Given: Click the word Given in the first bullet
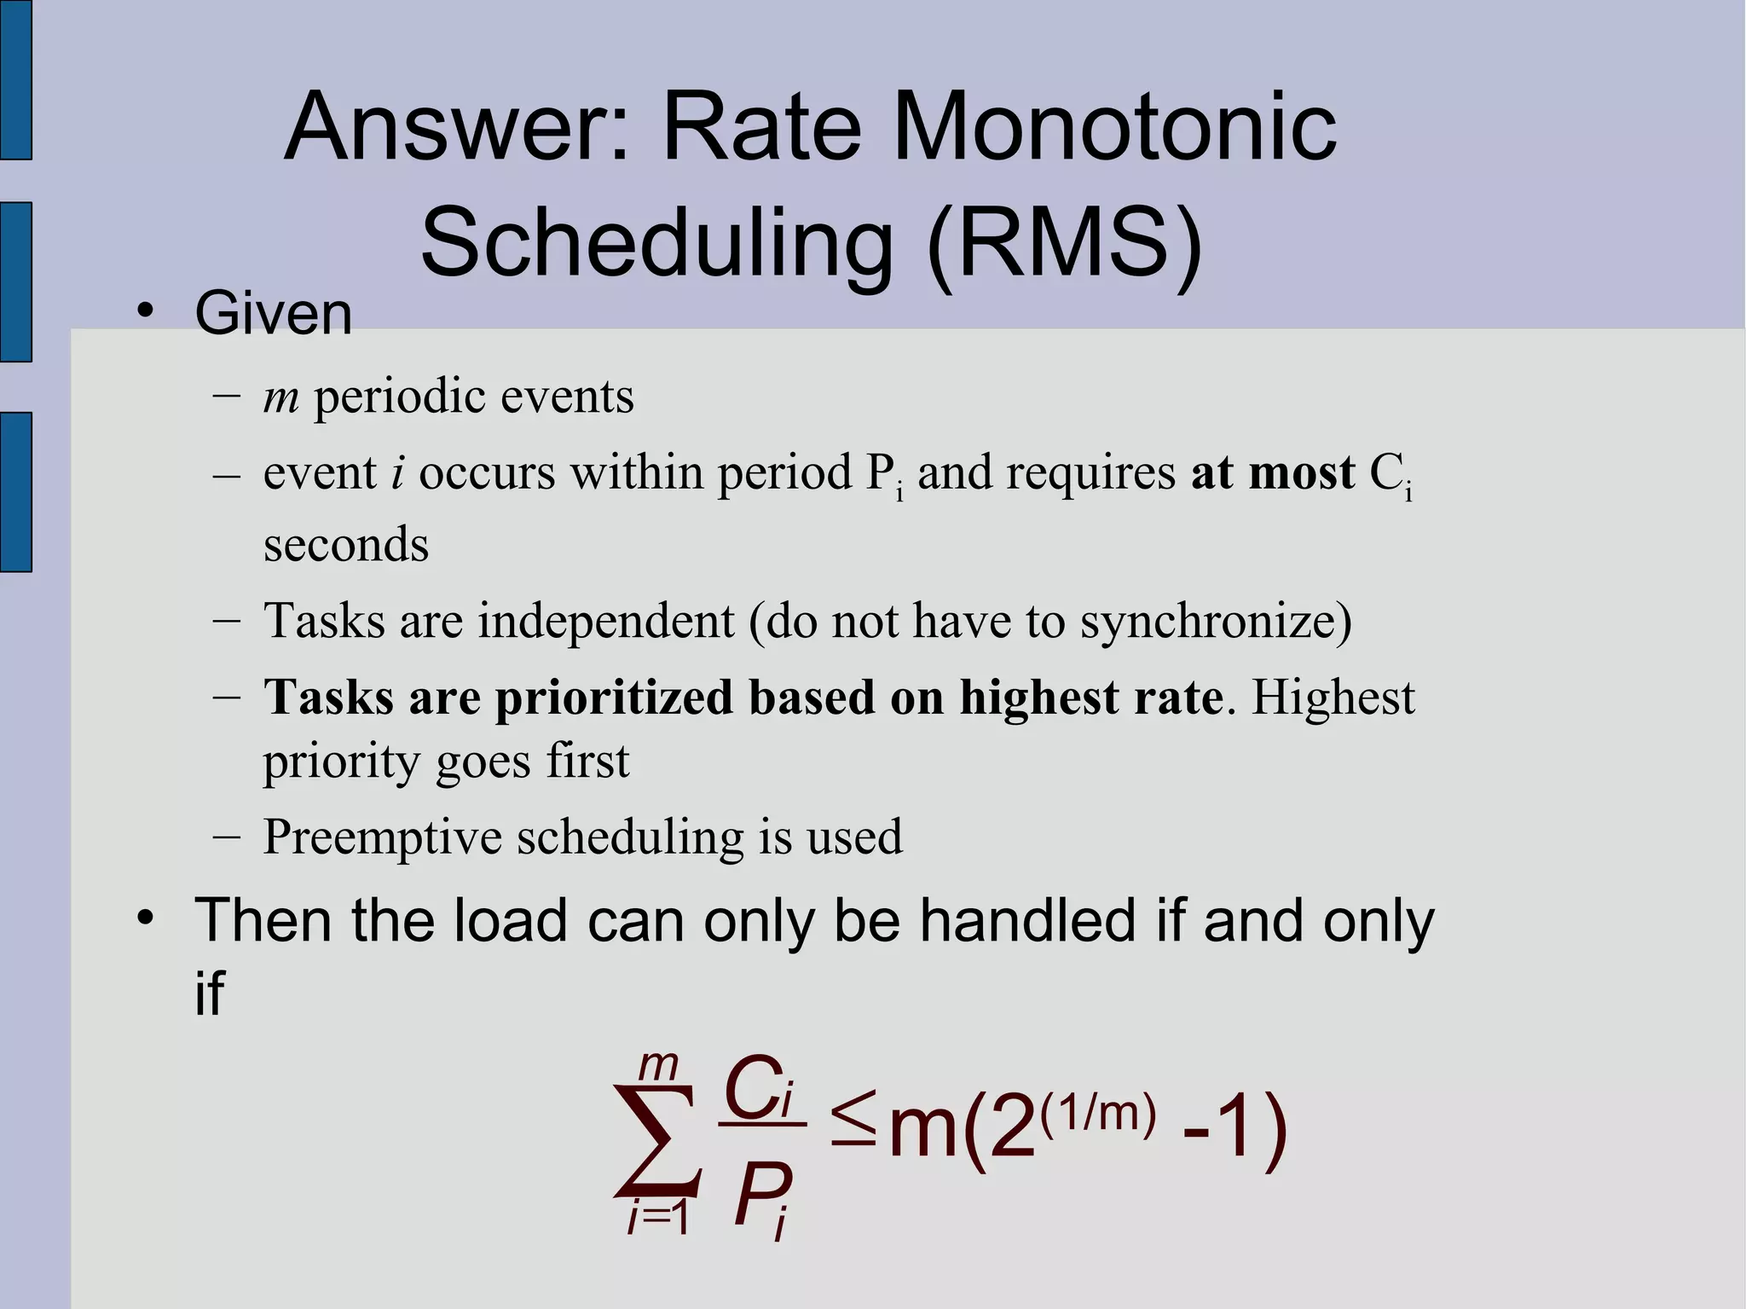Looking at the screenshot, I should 273,314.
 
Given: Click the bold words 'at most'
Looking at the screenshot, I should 1272,473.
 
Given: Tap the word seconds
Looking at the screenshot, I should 345,545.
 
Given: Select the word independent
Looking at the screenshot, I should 605,621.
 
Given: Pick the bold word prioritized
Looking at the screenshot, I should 613,698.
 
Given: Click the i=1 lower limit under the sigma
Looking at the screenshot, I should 657,1219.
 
